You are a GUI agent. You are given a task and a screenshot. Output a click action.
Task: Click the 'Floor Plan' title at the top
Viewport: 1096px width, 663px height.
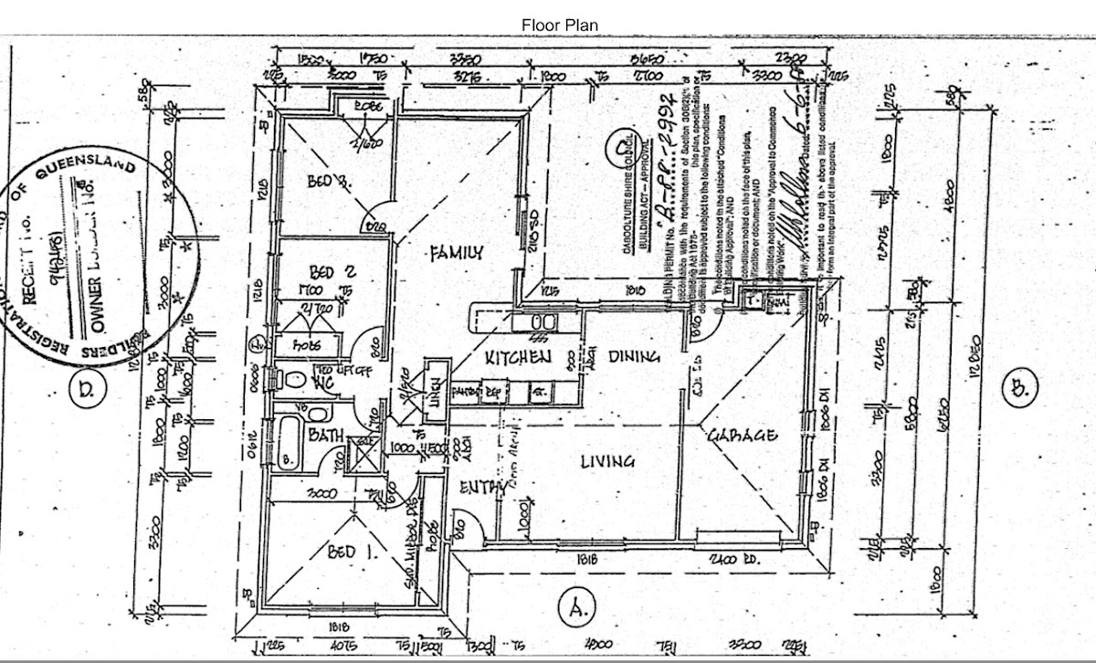coord(560,25)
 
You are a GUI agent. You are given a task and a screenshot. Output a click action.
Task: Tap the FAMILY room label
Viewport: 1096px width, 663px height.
coord(456,253)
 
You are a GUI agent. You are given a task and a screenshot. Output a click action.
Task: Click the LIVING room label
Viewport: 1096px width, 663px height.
coord(607,461)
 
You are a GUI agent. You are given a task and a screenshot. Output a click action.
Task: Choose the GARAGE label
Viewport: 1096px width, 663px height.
coord(743,436)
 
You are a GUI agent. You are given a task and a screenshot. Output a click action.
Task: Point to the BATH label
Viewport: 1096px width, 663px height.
coord(325,437)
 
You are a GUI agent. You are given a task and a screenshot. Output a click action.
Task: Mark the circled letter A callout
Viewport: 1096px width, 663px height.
coord(576,605)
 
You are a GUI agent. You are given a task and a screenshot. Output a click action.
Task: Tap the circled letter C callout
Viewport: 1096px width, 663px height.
coord(623,145)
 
